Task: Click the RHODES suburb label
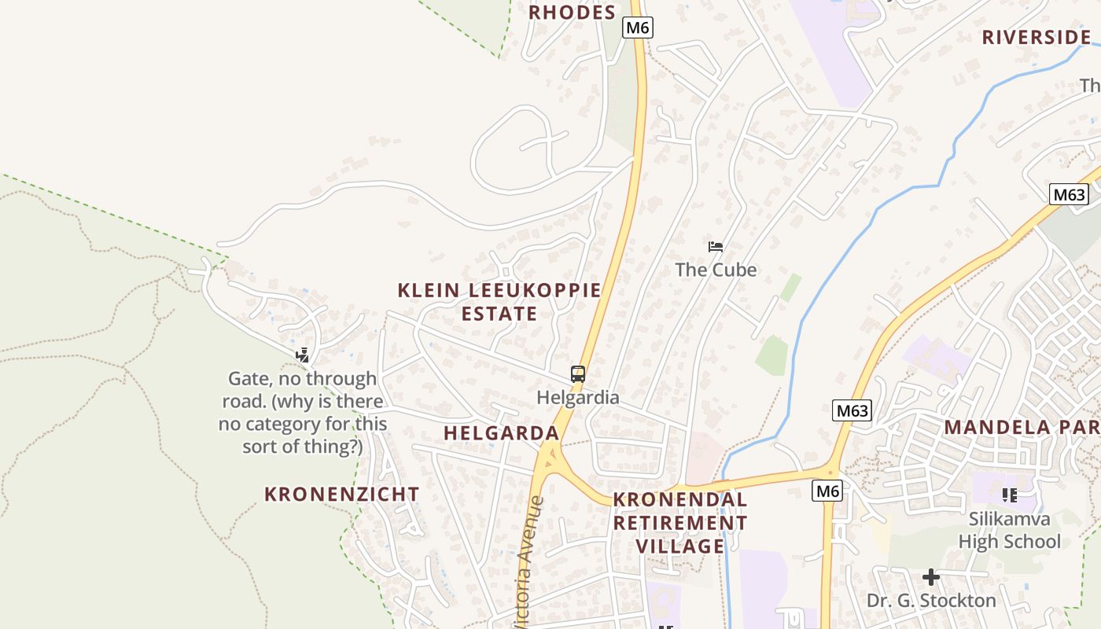pos(572,13)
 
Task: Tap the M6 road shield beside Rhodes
pos(638,28)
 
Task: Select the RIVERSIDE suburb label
pos(1037,37)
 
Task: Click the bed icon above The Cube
pos(716,247)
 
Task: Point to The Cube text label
pos(716,270)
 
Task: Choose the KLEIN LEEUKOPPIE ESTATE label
pos(499,302)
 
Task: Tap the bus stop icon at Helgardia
pos(578,374)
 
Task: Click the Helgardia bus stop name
pos(578,397)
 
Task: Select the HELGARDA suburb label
pos(501,433)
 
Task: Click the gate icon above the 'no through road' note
pos(302,355)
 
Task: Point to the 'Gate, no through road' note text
pos(303,413)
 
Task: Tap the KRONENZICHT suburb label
pos(342,495)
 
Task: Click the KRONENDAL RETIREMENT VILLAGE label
pos(680,523)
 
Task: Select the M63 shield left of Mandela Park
pos(852,410)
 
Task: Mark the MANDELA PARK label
pos(1022,428)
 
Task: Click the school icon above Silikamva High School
pos(1010,495)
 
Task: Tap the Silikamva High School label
pos(1010,531)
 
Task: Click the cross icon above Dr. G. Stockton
pos(931,578)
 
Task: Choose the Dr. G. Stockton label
pos(931,601)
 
